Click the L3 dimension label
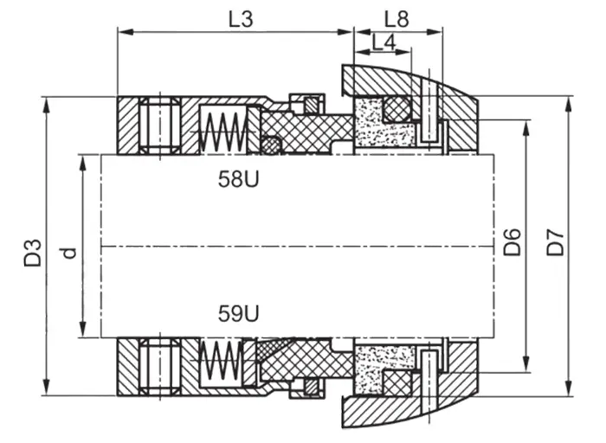click(x=241, y=19)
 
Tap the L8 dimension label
click(x=396, y=19)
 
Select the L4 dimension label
click(x=384, y=42)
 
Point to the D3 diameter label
click(x=33, y=253)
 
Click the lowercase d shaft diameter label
click(x=68, y=253)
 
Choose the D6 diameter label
click(x=513, y=242)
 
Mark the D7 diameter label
click(x=555, y=242)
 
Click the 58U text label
click(x=238, y=179)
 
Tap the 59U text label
click(x=238, y=313)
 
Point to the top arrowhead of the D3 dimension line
click(x=47, y=105)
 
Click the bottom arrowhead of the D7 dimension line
click(x=568, y=388)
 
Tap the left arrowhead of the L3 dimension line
click(x=126, y=32)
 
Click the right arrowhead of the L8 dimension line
click(x=435, y=32)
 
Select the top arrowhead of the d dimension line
click(x=82, y=163)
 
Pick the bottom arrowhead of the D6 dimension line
click(x=525, y=364)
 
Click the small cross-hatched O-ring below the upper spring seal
click(x=271, y=145)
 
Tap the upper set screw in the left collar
click(x=159, y=125)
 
